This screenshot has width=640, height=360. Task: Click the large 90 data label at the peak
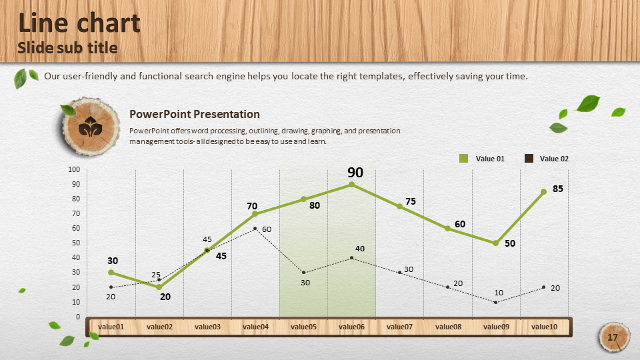(355, 172)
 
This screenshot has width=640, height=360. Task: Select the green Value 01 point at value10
(544, 192)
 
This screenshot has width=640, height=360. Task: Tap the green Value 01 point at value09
(495, 243)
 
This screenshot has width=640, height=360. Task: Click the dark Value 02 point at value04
(255, 229)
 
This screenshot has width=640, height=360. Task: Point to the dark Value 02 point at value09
(495, 303)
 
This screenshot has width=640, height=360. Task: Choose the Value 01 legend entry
(481, 159)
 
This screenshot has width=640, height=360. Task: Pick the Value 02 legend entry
(546, 159)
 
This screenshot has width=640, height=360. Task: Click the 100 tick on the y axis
(74, 169)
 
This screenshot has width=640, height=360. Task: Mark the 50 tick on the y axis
(76, 243)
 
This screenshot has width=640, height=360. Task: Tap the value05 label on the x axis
(303, 327)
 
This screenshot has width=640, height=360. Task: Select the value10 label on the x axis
(544, 327)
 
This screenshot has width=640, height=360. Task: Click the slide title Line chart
(79, 23)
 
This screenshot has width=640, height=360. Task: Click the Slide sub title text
(67, 48)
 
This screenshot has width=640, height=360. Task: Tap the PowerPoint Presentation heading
(195, 114)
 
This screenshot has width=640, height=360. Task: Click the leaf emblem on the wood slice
(90, 127)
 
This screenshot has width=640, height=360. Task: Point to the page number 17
(612, 337)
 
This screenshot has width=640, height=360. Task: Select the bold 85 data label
(558, 189)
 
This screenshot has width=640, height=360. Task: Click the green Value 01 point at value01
(111, 272)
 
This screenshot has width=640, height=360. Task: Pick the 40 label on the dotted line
(360, 249)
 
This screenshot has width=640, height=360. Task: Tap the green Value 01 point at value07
(399, 207)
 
